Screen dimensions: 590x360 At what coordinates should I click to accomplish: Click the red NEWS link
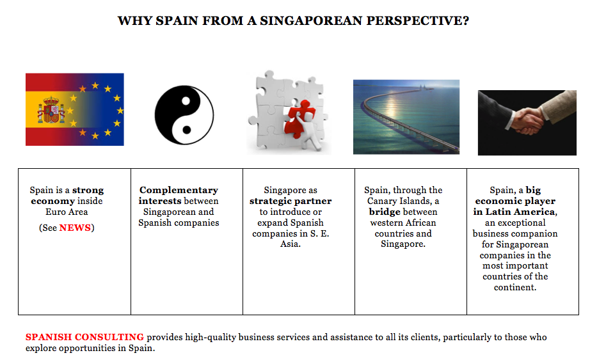[75, 228]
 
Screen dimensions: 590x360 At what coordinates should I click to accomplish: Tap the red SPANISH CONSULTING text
[84, 337]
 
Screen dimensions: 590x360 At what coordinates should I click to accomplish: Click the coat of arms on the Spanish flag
[51, 110]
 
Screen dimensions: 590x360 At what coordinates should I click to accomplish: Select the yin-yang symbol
[184, 114]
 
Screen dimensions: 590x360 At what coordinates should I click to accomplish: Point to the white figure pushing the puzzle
[312, 131]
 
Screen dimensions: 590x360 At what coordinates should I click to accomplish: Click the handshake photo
[527, 123]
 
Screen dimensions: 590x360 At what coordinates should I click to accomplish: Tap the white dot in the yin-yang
[186, 101]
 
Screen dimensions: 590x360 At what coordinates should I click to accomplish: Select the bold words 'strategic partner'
[291, 201]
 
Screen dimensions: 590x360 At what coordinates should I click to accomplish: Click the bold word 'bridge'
[385, 212]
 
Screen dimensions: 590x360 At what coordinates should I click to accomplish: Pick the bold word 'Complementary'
[179, 190]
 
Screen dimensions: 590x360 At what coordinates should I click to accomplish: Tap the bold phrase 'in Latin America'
[514, 212]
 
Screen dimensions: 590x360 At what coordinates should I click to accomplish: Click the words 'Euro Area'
[67, 212]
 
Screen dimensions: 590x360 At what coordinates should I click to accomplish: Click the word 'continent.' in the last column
[515, 287]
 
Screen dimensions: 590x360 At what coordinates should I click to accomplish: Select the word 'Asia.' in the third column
[291, 244]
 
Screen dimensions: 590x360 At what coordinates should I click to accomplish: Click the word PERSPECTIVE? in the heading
[418, 20]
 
